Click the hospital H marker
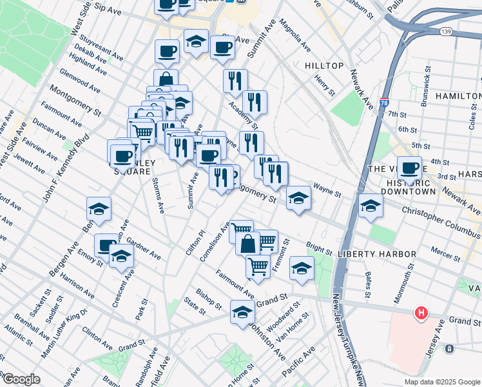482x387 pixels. coord(421,313)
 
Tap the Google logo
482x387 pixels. coord(21,379)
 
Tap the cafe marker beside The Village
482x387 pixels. coord(409,168)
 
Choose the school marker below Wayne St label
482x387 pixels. coord(299,197)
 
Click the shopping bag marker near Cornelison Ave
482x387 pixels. coord(247,244)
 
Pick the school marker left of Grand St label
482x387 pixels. coord(242,312)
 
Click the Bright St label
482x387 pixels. coord(319,248)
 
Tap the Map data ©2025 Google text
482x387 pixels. coord(442,382)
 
